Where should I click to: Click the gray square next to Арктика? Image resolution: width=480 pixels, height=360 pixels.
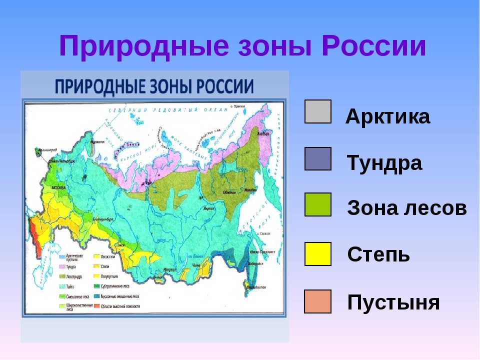(x=317, y=111)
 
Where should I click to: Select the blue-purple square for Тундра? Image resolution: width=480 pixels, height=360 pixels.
(x=317, y=158)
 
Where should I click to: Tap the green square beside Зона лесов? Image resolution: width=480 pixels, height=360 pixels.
(x=317, y=204)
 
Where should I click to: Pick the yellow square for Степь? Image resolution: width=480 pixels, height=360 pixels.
(x=317, y=253)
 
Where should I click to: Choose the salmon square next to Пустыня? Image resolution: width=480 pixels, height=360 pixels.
(x=317, y=301)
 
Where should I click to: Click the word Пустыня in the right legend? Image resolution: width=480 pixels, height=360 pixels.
(x=393, y=302)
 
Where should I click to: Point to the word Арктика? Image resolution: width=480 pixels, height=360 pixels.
(x=387, y=117)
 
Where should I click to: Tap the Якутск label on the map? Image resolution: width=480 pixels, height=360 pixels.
(x=203, y=206)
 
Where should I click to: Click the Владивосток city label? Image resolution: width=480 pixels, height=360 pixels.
(x=257, y=287)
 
